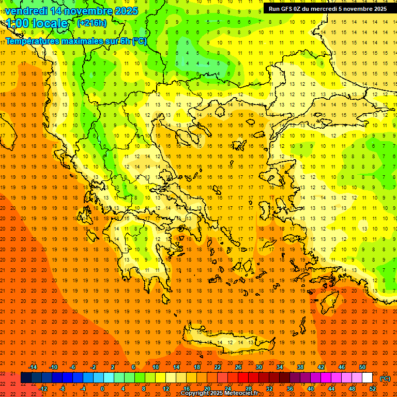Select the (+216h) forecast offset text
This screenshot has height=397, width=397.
pos(91,23)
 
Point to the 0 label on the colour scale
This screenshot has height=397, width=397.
pos(102,389)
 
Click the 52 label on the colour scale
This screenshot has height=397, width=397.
pos(373,389)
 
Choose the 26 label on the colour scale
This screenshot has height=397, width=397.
pos(238,367)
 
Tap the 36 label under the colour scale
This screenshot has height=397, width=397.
pos(290,389)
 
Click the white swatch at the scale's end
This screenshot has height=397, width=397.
pos(368,378)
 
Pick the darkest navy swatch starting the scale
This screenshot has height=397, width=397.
pos(26,378)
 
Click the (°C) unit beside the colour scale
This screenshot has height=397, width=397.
pos(385,378)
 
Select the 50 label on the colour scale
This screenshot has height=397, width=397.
pos(362,367)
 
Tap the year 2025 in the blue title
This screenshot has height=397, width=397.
pos(126,11)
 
